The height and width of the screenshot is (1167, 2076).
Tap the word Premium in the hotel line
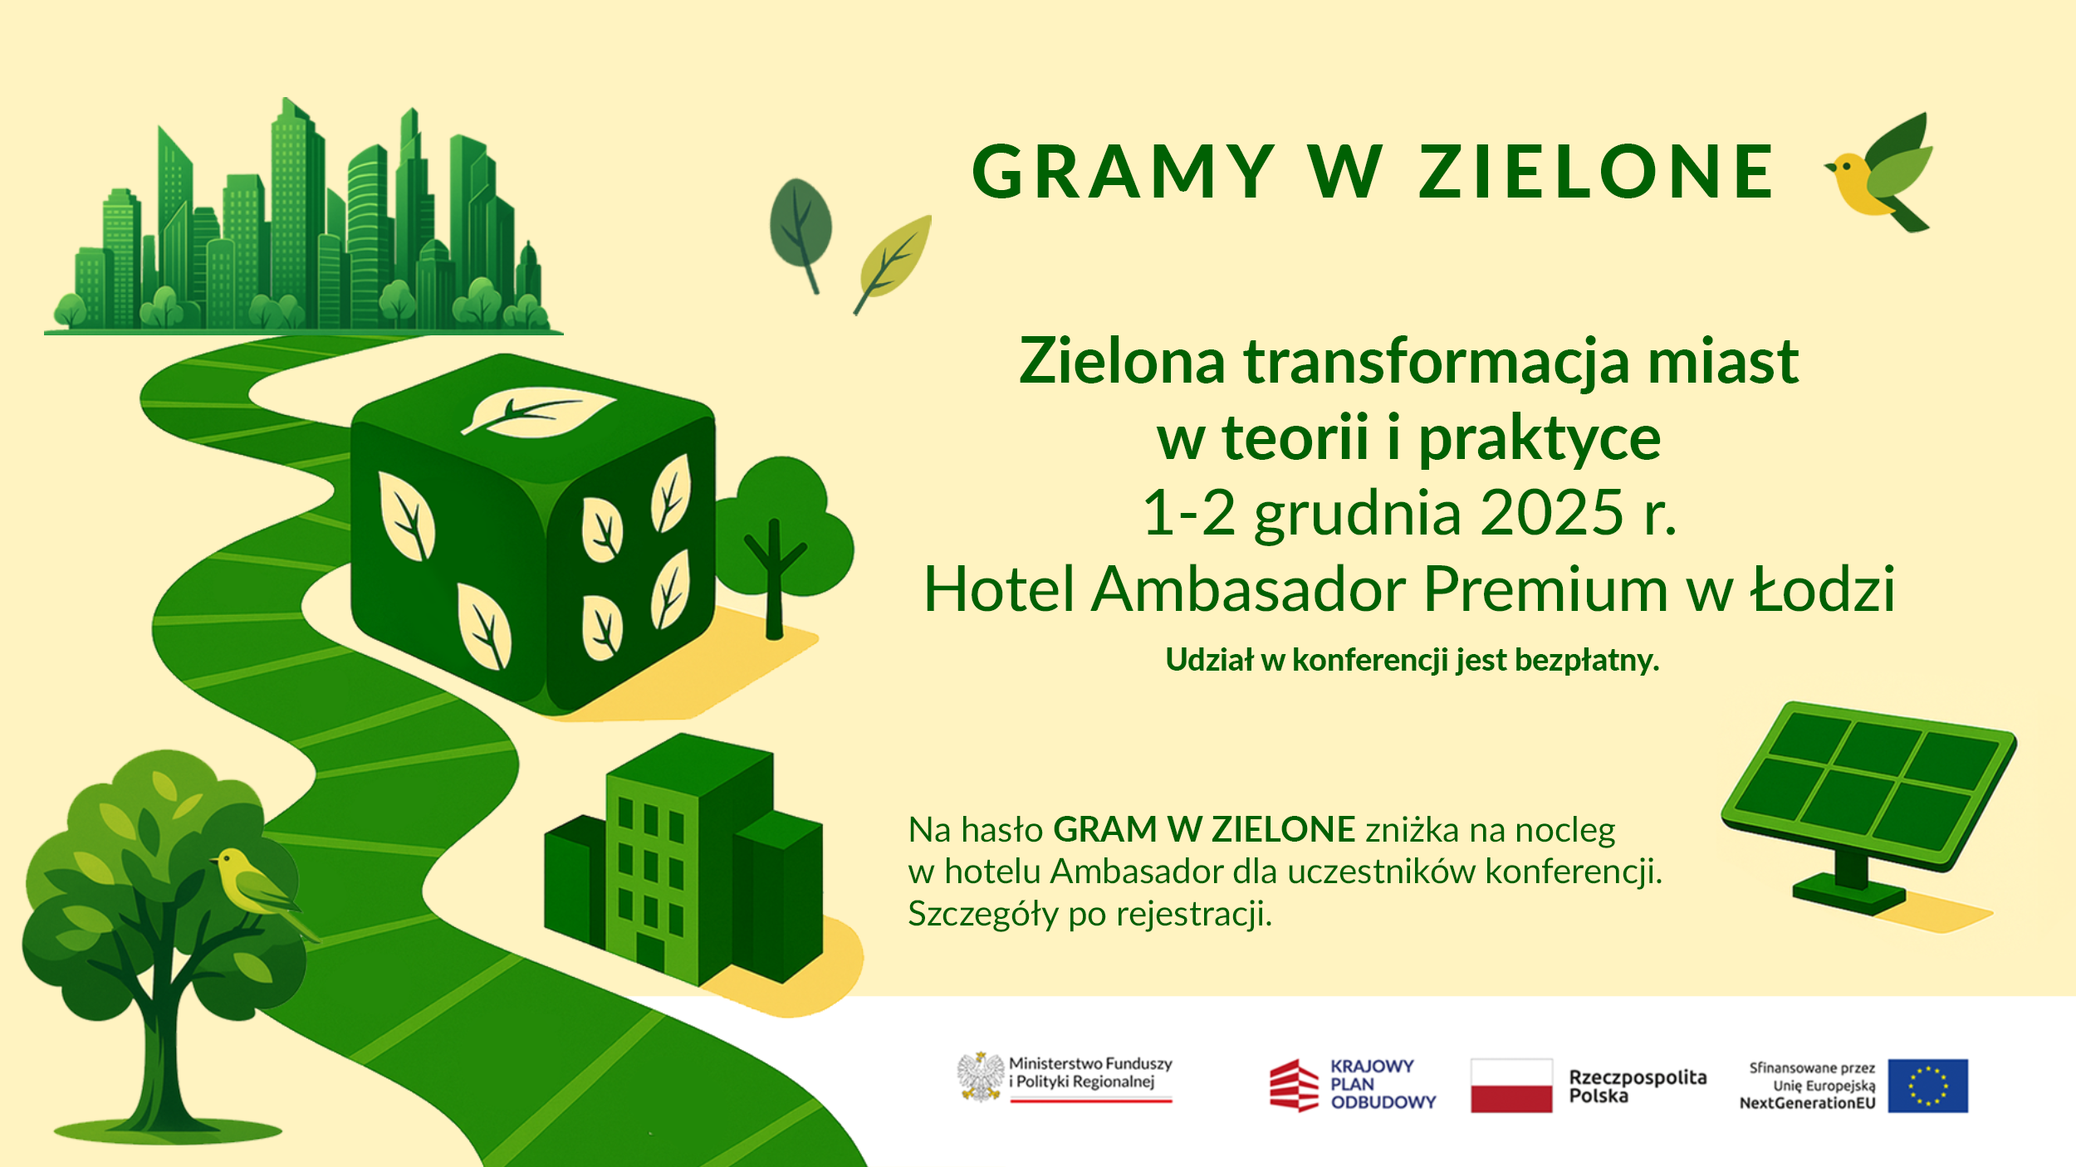(x=1545, y=589)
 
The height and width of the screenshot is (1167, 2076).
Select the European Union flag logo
(x=1927, y=1086)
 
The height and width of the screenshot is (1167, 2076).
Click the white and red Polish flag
(x=1510, y=1086)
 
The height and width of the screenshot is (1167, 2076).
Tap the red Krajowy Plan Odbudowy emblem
(x=1294, y=1085)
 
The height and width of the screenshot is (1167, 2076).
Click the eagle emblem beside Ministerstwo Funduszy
(x=981, y=1077)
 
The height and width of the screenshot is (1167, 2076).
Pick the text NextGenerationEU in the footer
(x=1807, y=1103)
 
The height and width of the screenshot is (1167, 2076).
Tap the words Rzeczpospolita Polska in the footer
(x=1637, y=1086)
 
